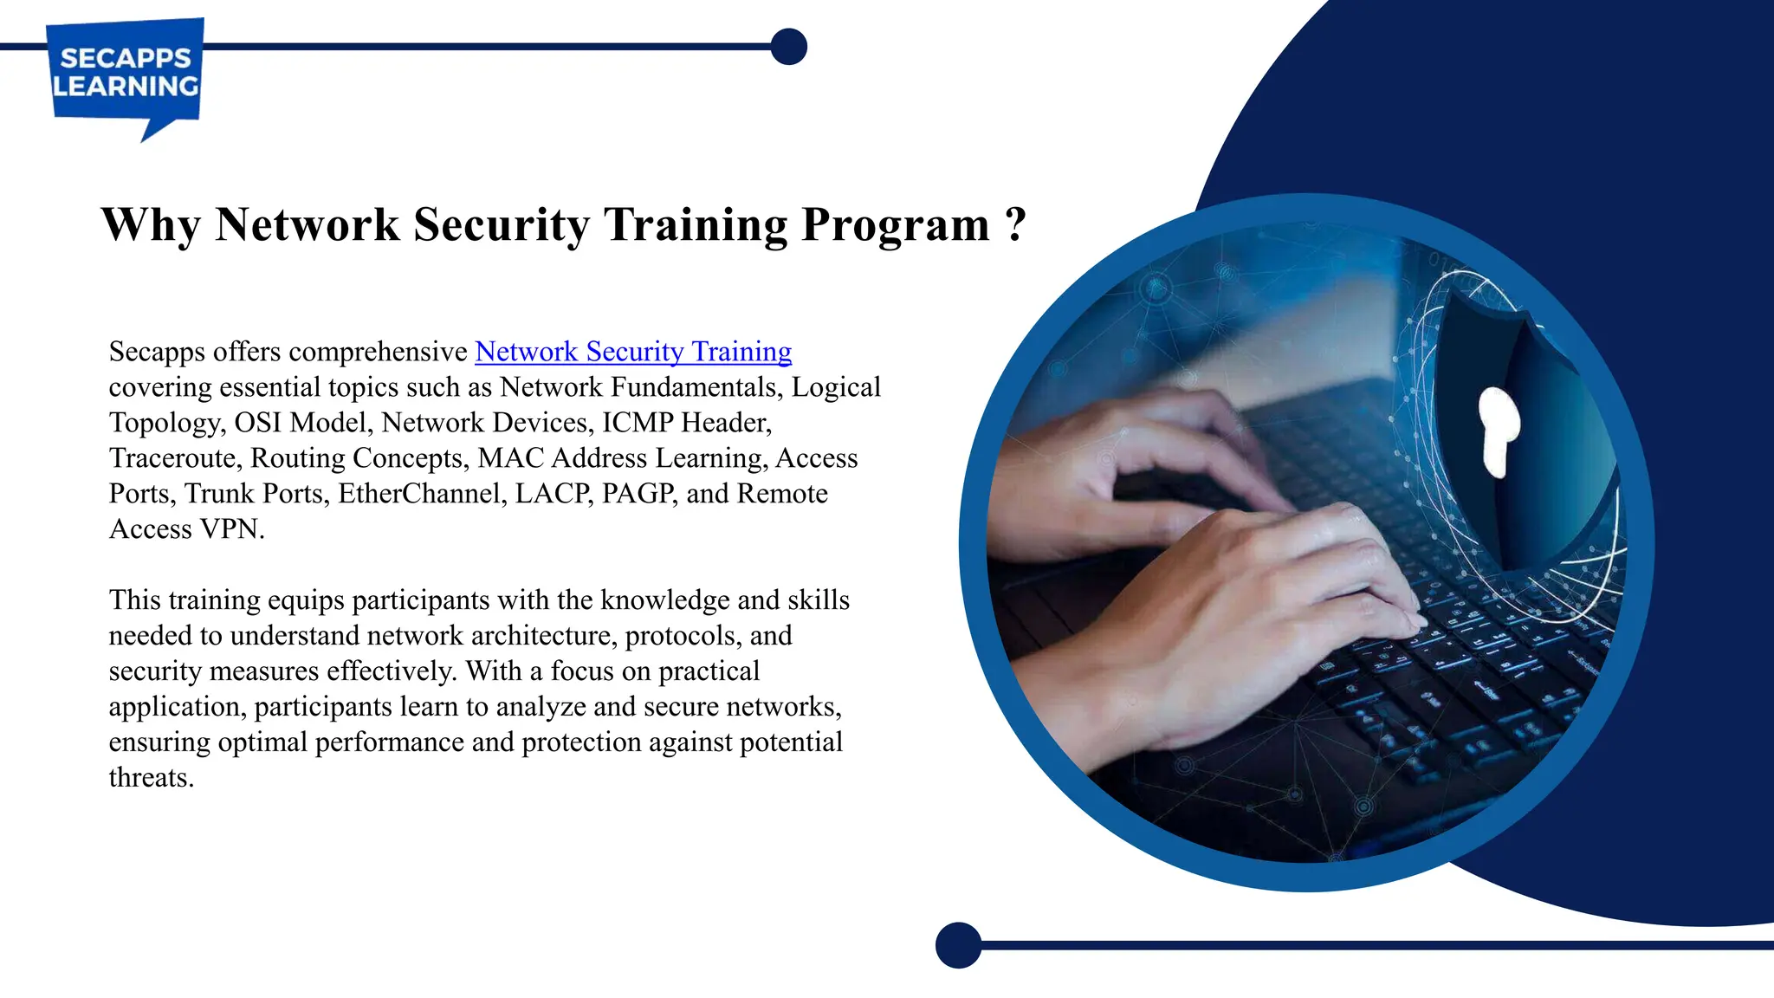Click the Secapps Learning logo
tap(126, 73)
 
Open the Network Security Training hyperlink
tap(633, 352)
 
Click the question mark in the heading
tap(1016, 225)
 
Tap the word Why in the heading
tap(151, 225)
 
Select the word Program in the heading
tap(896, 225)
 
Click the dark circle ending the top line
tap(788, 47)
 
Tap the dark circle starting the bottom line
tap(958, 945)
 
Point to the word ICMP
tap(638, 423)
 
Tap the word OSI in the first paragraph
tap(258, 423)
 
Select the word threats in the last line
tap(151, 778)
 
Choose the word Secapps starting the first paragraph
tap(157, 352)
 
